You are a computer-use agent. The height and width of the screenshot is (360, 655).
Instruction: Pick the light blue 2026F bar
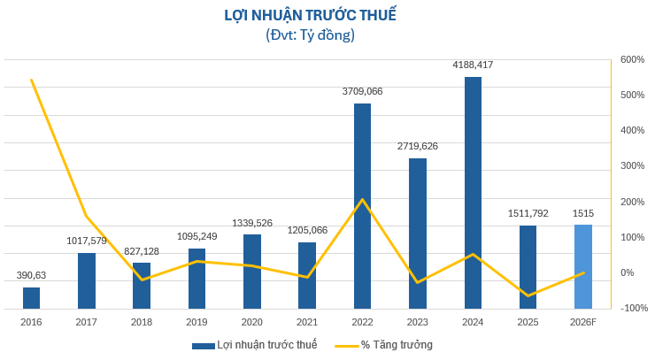coord(582,266)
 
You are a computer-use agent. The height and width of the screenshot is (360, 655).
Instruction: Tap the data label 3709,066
coord(363,91)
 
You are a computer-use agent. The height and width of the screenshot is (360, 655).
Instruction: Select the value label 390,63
coord(32,275)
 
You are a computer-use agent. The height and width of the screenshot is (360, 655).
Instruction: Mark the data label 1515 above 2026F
coord(582,213)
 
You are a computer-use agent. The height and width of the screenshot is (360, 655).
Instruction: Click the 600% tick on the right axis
coord(632,59)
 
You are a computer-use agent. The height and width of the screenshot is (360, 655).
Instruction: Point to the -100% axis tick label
coord(634,308)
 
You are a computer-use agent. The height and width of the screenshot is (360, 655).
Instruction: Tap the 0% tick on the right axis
coord(628,272)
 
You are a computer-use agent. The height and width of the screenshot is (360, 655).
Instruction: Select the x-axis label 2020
coord(252,322)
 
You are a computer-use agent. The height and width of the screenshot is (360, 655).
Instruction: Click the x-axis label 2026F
coord(582,322)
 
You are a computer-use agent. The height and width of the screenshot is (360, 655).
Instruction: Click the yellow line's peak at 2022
coord(363,199)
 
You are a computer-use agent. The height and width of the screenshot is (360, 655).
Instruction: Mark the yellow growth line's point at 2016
coord(32,80)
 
